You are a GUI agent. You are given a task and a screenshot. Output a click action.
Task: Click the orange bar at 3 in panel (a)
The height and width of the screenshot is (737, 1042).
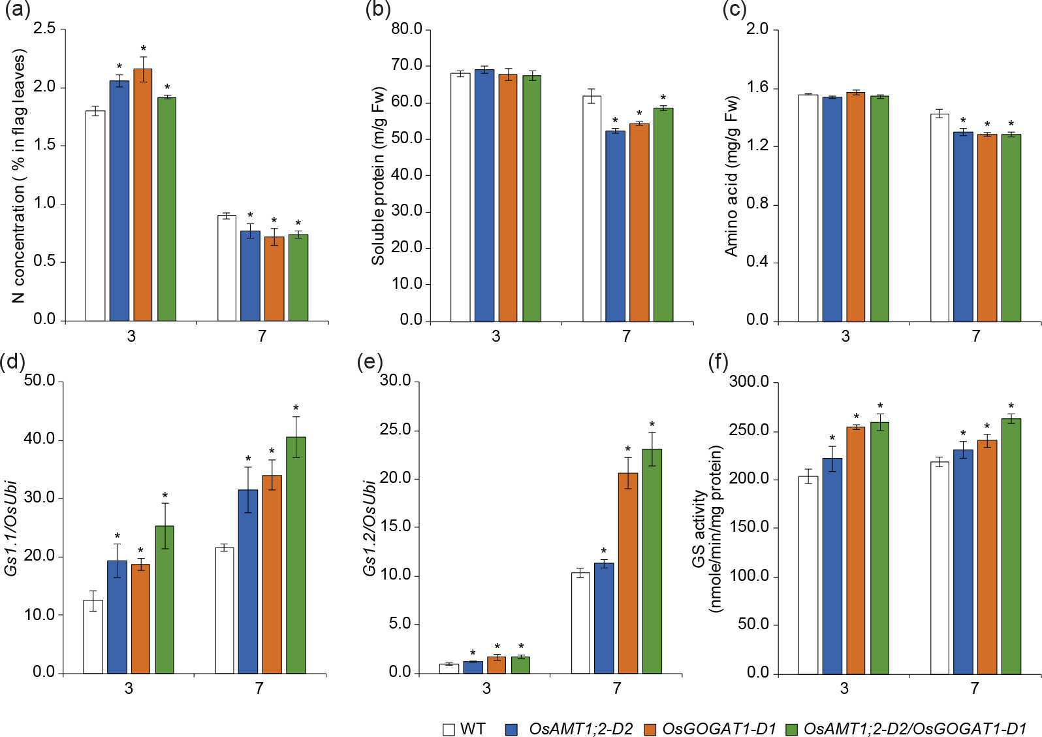coord(143,195)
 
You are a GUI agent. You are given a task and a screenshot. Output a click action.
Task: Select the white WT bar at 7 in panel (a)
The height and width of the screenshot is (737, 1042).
coord(227,268)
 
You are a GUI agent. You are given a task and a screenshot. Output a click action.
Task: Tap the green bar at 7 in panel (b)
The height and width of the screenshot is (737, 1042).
coord(663,214)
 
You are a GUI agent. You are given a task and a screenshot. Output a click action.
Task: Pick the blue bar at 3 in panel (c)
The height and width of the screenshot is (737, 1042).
coord(832,209)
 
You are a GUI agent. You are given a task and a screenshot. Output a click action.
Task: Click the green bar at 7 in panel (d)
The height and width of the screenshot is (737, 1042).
coord(296,555)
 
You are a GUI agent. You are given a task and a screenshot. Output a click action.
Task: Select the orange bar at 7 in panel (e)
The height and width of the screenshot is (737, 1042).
coord(628,573)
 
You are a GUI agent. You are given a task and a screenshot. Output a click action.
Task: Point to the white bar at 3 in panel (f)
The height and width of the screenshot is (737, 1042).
coord(808,575)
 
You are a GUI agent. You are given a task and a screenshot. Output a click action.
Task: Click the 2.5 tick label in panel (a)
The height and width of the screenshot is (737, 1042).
coord(44,29)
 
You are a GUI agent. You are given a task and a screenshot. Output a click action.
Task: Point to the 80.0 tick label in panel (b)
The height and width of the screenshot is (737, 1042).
coord(407,29)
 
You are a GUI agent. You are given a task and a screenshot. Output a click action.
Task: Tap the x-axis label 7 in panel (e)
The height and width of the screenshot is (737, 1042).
coord(617,688)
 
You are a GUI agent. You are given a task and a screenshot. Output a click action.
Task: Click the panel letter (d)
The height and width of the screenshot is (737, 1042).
coord(12,362)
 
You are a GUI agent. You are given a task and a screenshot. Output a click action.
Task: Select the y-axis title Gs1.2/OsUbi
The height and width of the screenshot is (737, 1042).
coord(370,527)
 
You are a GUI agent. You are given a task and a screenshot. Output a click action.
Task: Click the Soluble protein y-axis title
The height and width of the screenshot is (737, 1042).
coord(378,176)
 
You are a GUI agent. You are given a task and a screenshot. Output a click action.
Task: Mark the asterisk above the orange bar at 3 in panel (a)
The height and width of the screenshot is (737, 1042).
coord(143,48)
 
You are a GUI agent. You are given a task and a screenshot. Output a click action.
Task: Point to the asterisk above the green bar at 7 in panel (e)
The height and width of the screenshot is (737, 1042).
coord(652,424)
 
